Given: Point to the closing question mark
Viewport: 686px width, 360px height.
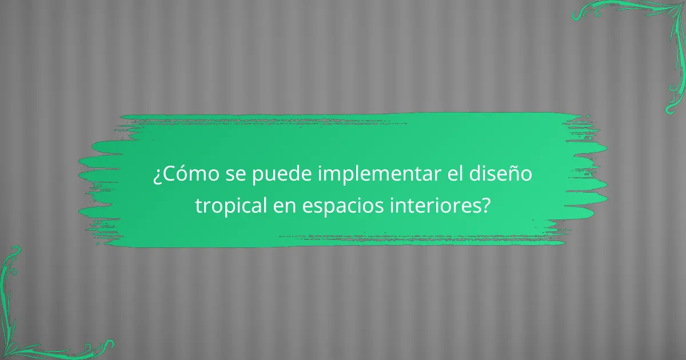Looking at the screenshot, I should tap(485, 205).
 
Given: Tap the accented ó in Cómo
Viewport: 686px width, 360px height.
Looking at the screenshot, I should tap(184, 174).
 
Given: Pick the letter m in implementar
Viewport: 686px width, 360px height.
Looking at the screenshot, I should tap(331, 174).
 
